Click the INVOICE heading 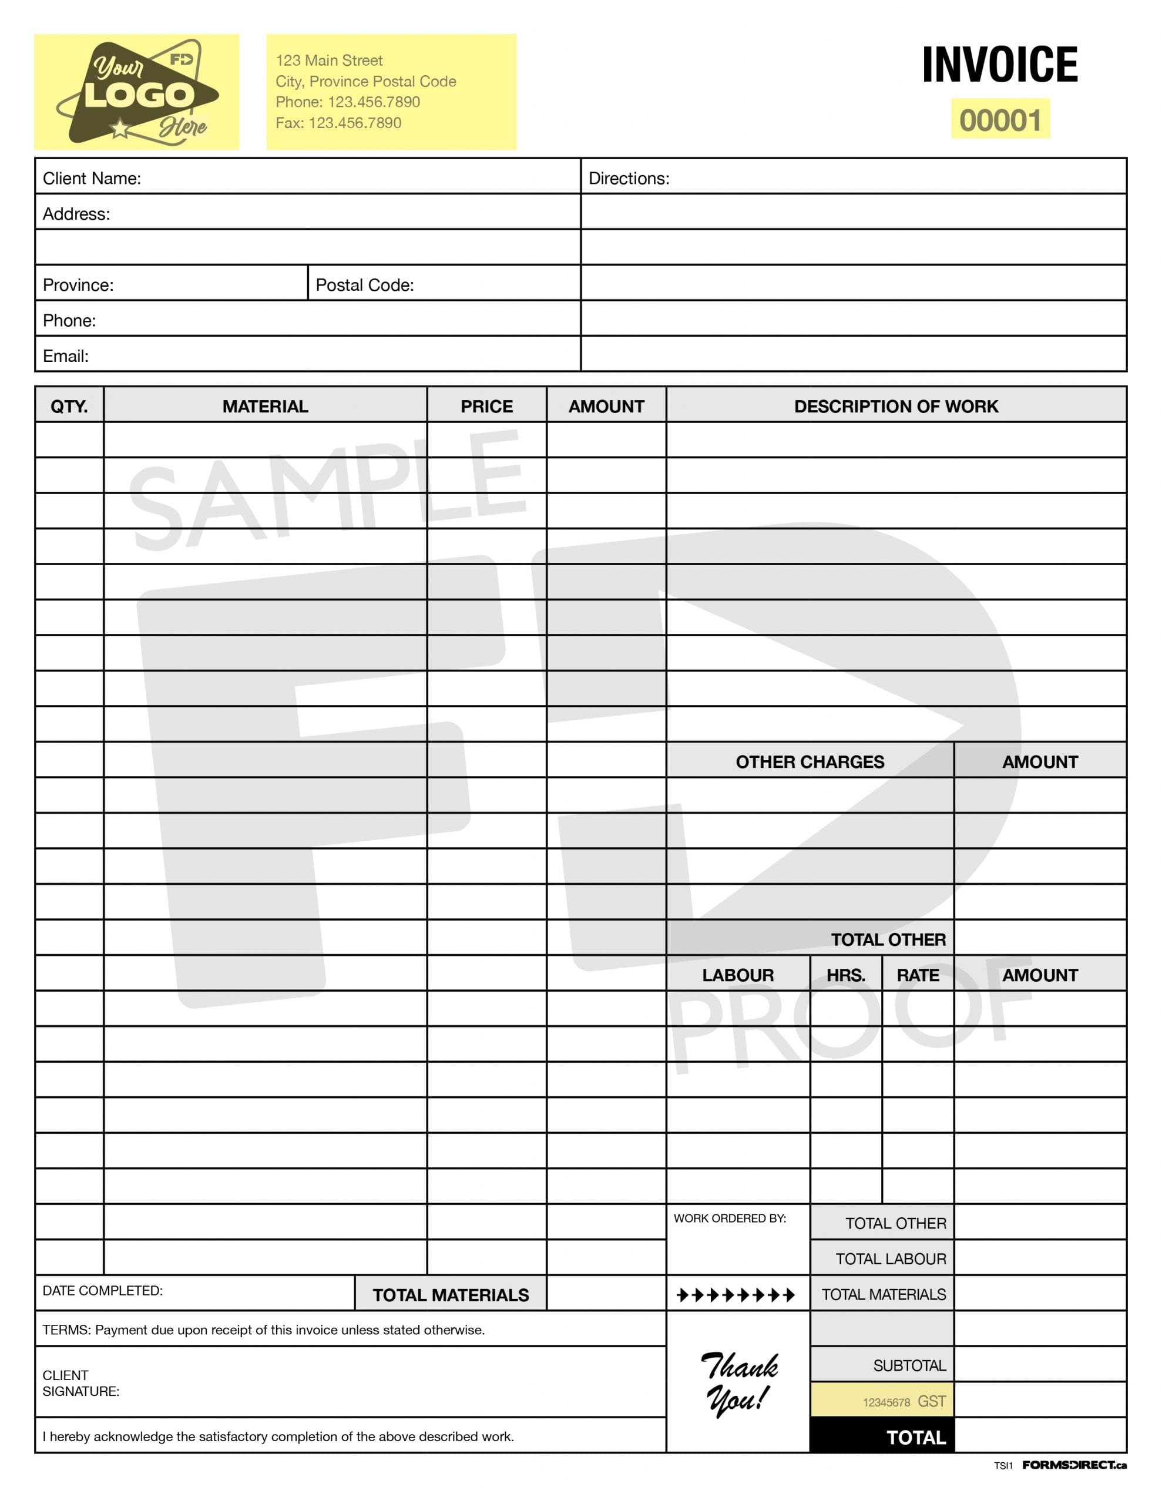click(x=999, y=65)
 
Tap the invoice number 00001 click(x=1000, y=120)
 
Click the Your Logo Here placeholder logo click(x=136, y=92)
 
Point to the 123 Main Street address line click(x=329, y=61)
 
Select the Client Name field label click(x=92, y=179)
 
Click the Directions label click(x=628, y=179)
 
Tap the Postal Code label click(x=364, y=285)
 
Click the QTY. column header click(x=69, y=407)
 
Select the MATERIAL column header click(x=265, y=407)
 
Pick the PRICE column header click(x=486, y=407)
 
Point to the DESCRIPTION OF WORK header click(x=895, y=407)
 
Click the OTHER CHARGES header click(x=810, y=761)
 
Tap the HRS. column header click(x=845, y=975)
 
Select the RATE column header click(x=918, y=975)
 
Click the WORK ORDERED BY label click(x=730, y=1218)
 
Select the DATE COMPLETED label click(x=103, y=1291)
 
